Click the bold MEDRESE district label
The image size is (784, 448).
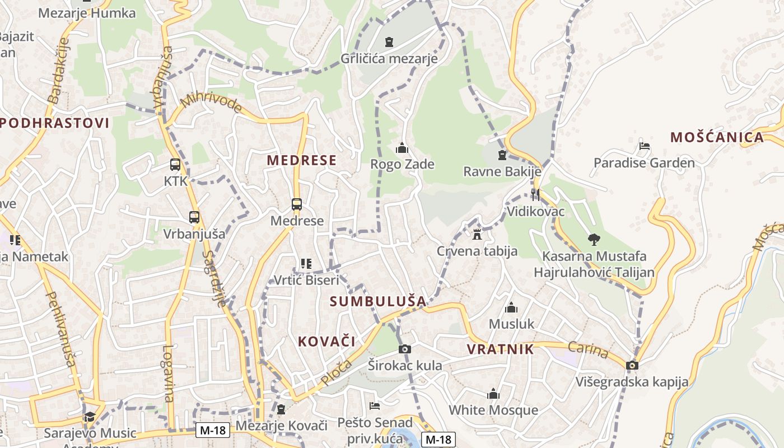[x=301, y=160]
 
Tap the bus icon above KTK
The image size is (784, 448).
[x=175, y=165]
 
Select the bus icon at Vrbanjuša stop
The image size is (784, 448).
[x=194, y=217]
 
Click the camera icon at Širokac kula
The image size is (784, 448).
[x=404, y=349]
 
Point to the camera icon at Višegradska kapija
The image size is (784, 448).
[x=632, y=366]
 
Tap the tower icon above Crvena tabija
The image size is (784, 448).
[x=477, y=234]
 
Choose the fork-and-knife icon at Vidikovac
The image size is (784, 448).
[x=535, y=195]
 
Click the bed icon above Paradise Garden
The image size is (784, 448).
[x=645, y=147]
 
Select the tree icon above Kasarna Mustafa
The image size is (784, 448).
[x=594, y=240]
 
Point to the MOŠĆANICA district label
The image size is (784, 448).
[x=717, y=137]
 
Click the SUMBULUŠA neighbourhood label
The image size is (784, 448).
[x=378, y=301]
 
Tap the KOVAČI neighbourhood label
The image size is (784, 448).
[x=326, y=341]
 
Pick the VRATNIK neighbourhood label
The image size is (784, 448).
[x=500, y=349]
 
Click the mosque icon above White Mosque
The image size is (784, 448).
[x=493, y=394]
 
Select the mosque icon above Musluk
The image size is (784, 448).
[x=511, y=307]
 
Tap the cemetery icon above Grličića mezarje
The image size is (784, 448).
[x=389, y=42]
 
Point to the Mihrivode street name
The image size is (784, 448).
[x=212, y=102]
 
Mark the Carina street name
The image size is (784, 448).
[x=588, y=350]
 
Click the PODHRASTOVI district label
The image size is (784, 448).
[x=54, y=123]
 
